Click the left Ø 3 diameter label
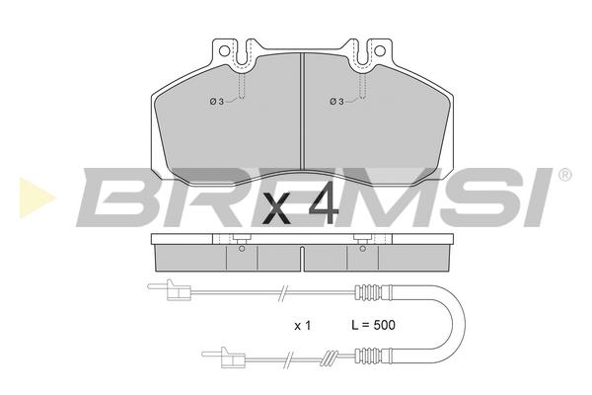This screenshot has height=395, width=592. coord(217,102)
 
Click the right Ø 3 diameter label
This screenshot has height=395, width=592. coord(336,102)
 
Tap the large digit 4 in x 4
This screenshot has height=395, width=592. coord(324,202)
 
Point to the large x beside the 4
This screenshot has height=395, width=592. coord(276,208)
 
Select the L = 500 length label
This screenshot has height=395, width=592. coord(373,325)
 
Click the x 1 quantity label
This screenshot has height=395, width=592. coord(303,326)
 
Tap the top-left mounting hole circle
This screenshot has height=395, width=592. coord(224,50)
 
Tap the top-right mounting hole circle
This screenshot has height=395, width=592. coord(380,50)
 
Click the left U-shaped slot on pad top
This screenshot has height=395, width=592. coord(244,53)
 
